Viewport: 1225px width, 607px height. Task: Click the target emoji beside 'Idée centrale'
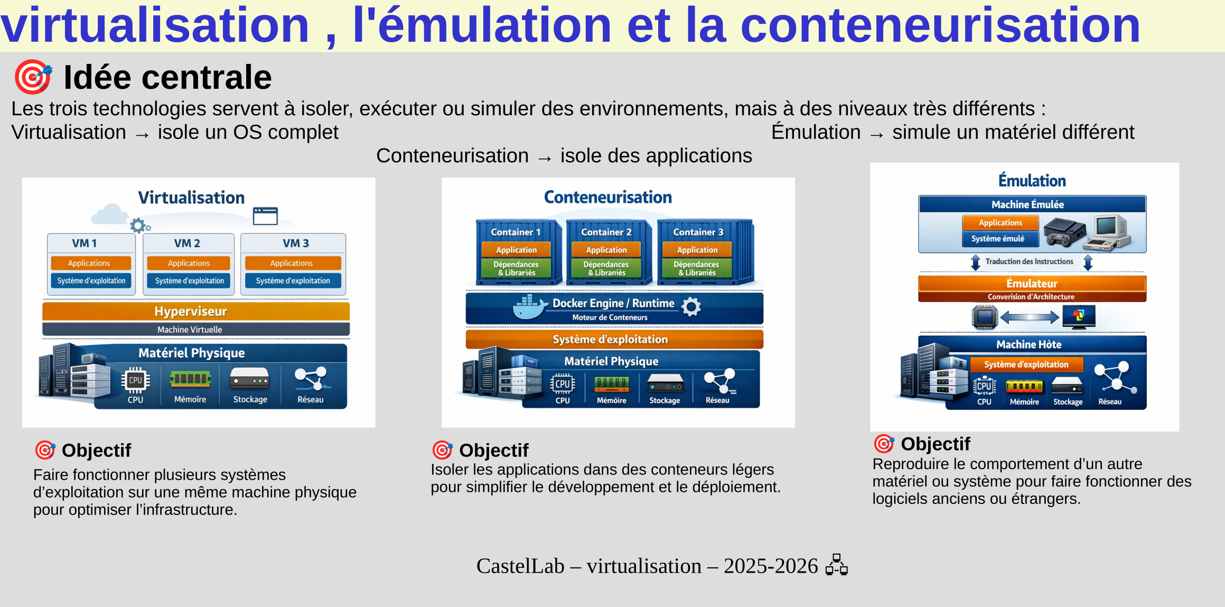coord(33,77)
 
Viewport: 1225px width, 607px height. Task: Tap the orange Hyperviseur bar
coord(196,311)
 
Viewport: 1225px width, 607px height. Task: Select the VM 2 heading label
coord(188,243)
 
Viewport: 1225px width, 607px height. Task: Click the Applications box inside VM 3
coord(293,263)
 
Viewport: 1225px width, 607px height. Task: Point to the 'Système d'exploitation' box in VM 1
coord(91,281)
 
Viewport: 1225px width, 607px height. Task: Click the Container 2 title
coord(606,232)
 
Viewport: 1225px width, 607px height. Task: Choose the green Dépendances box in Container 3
coord(697,268)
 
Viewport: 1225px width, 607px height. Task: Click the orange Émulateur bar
coord(1032,288)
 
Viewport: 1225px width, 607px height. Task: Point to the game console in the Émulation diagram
coord(1065,232)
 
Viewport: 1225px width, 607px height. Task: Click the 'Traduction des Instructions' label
coord(1029,262)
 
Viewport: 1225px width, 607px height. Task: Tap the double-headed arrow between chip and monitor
coord(1030,317)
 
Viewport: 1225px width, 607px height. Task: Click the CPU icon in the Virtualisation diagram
coord(136,380)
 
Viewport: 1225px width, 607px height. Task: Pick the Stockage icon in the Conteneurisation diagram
coord(665,383)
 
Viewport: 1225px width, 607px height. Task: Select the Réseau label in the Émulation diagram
coord(1110,401)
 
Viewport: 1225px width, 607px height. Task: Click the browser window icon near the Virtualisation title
coord(265,216)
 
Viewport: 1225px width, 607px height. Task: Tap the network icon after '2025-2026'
coord(837,565)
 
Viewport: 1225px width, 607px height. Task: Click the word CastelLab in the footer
coord(520,566)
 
